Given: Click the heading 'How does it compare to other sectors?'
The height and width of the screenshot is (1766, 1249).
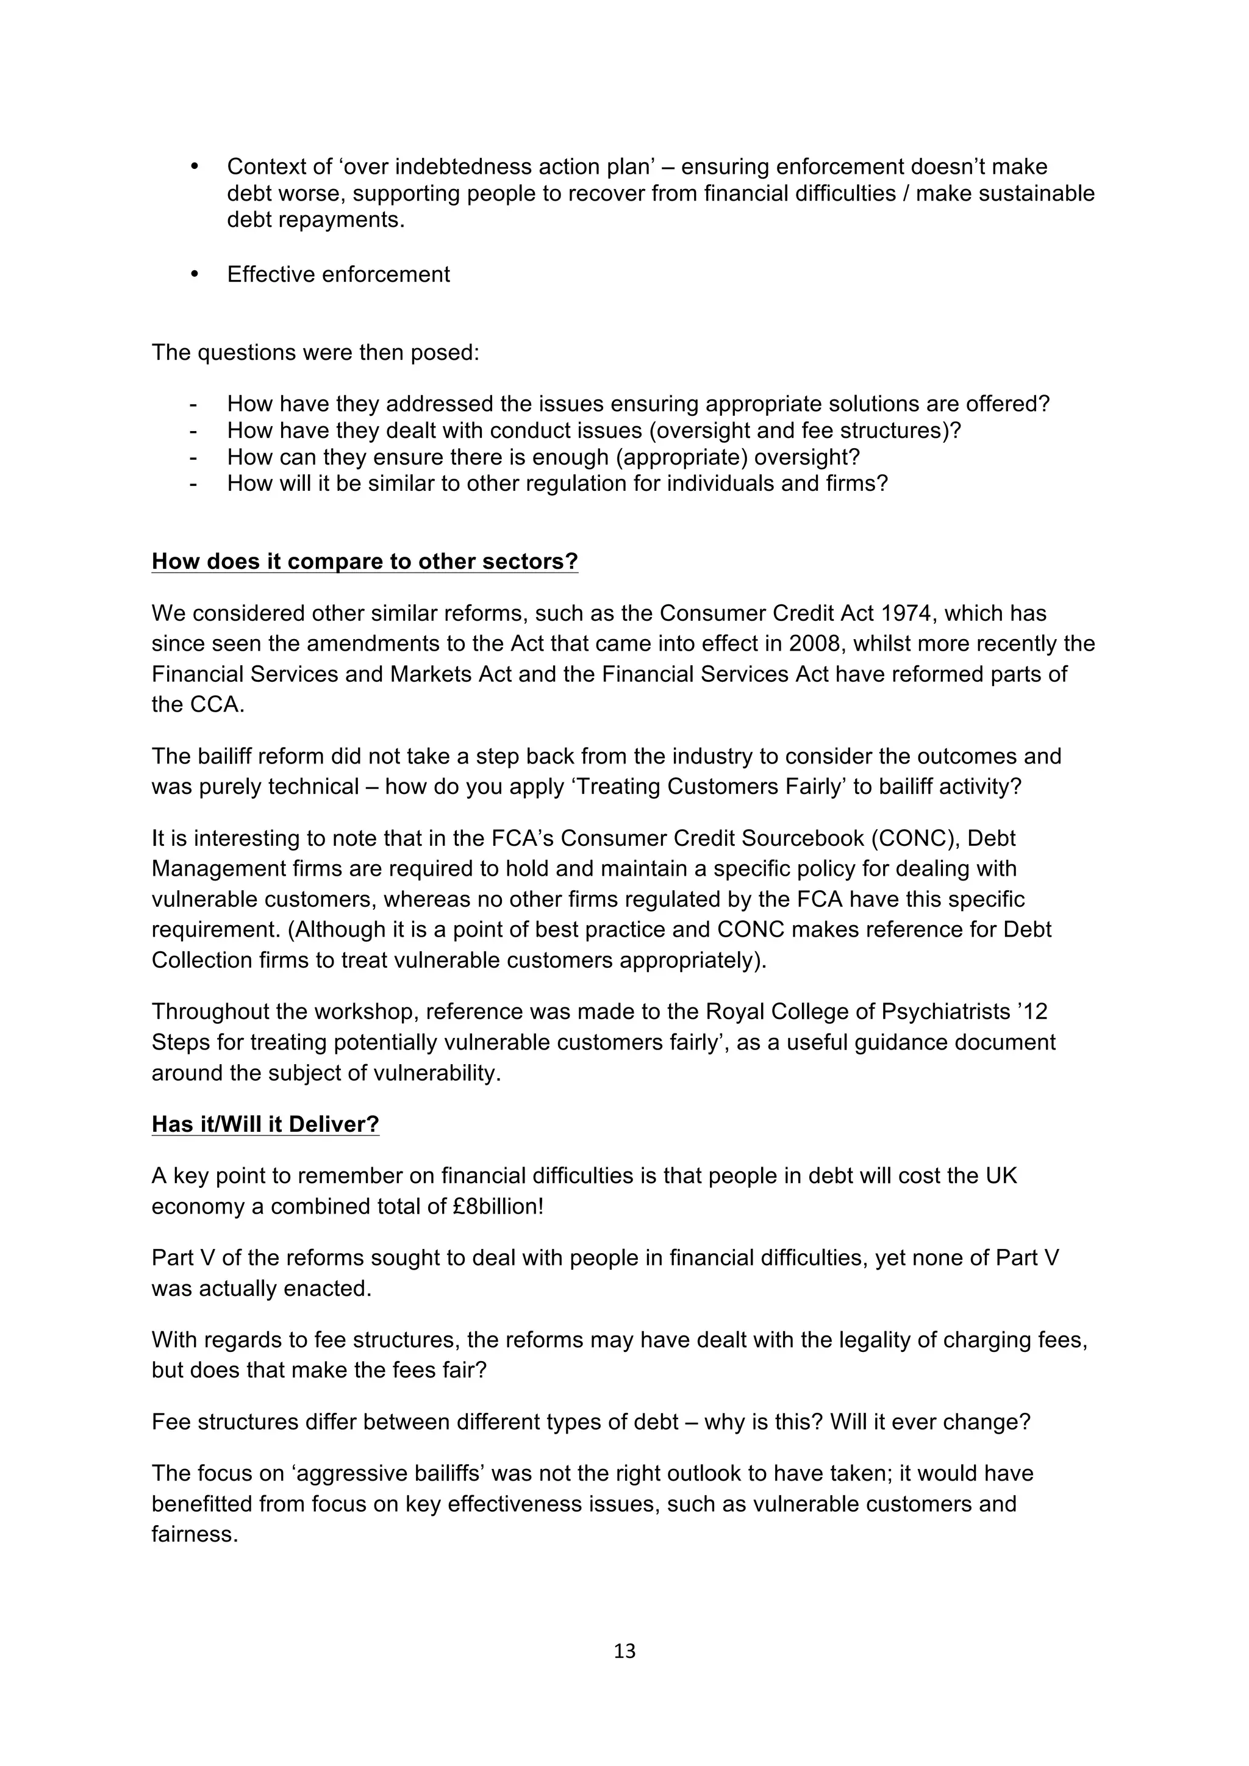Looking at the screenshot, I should [365, 562].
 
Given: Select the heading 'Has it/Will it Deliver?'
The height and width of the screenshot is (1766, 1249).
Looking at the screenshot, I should [265, 1124].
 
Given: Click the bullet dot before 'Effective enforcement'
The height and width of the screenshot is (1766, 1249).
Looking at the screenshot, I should [194, 274].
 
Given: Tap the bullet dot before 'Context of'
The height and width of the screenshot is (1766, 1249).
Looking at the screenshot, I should [194, 166].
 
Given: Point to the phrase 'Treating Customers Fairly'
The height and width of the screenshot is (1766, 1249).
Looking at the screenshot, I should [707, 787].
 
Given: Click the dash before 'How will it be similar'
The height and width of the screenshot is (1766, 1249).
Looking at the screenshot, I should [193, 484].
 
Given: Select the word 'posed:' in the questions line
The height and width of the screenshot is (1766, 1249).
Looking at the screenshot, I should [445, 352].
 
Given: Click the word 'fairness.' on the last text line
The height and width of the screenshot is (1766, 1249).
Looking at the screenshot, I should [195, 1534].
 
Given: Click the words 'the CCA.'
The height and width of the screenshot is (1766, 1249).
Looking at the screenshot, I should [198, 704].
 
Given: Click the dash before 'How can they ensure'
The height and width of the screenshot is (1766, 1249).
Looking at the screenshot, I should [193, 457].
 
